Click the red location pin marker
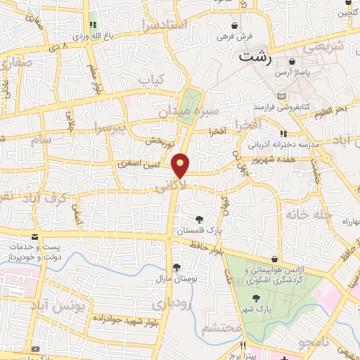point(181,165)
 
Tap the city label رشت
point(255,57)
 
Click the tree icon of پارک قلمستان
point(199,219)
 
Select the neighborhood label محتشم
point(221,328)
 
